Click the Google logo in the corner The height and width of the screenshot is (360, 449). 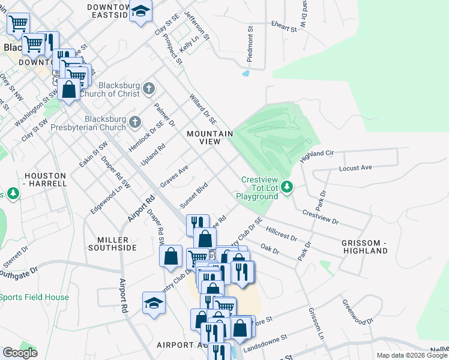click(20, 353)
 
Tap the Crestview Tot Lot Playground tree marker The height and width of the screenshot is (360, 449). click(288, 188)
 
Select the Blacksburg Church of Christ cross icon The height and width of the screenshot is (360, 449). click(149, 89)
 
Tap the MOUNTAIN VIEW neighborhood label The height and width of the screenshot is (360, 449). click(209, 137)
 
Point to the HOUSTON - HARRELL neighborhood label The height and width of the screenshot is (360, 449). click(45, 180)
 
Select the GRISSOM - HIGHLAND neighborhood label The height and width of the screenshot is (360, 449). click(370, 247)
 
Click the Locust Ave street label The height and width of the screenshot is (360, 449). click(355, 167)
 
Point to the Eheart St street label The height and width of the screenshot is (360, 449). click(284, 28)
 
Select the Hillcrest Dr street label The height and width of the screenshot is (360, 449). click(281, 233)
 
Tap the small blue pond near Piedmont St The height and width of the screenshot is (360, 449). click(246, 74)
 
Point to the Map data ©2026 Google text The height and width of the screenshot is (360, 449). click(412, 355)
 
